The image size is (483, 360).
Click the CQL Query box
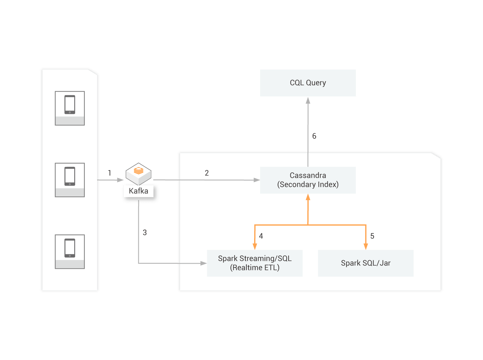tap(308, 83)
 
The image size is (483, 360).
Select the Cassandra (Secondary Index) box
tap(308, 180)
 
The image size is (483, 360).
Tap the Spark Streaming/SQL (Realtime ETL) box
tap(255, 263)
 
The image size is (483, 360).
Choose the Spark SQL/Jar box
tap(366, 263)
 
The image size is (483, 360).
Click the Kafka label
tap(138, 191)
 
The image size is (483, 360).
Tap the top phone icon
tap(70, 105)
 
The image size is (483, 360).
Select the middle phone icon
tap(70, 176)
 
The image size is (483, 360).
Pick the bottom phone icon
tap(70, 248)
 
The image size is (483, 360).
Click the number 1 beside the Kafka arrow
tap(110, 173)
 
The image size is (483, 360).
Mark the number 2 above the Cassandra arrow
tap(207, 173)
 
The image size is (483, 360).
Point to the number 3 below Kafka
tap(145, 232)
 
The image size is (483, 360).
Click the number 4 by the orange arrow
tap(261, 236)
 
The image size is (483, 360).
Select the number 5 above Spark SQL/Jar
tap(372, 236)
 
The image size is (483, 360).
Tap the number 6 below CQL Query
tap(314, 136)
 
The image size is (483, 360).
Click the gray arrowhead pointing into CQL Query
tap(308, 101)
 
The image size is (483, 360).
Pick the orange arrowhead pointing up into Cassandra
tap(308, 197)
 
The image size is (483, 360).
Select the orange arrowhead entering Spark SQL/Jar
tap(366, 246)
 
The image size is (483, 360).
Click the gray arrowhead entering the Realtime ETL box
tap(203, 263)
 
